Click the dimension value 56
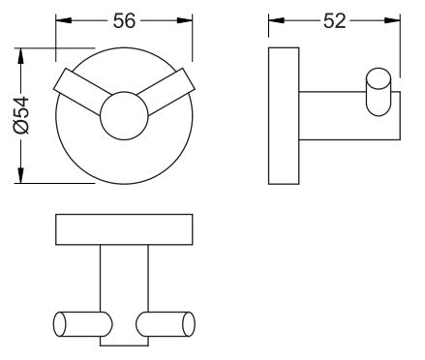(x=124, y=20)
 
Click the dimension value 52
(x=334, y=21)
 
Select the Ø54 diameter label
(x=21, y=115)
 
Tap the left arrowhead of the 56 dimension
(x=64, y=20)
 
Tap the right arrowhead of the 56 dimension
(x=185, y=20)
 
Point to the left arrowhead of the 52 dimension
(x=276, y=20)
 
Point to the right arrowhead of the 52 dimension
(x=392, y=20)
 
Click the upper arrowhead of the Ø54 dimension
(x=20, y=56)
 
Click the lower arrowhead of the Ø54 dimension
(x=20, y=175)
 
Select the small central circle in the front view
(x=124, y=116)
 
